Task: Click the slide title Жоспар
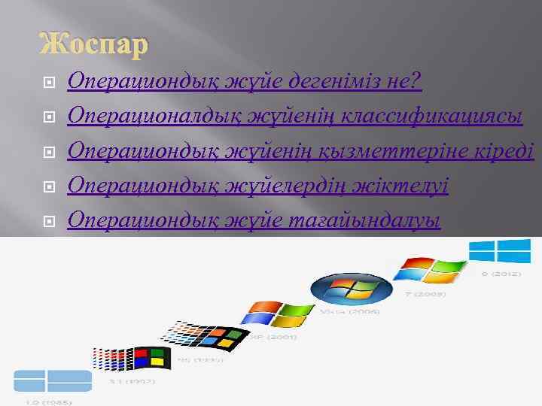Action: pos(94,46)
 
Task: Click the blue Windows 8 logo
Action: pos(499,251)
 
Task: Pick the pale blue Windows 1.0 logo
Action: pos(52,380)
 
